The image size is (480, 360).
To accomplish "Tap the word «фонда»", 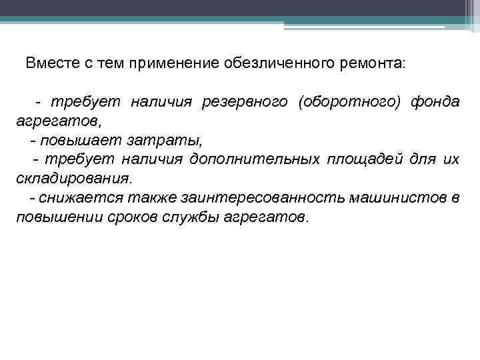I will [x=435, y=101].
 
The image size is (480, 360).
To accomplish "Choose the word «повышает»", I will [x=75, y=141].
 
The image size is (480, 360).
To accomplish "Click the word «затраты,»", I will [x=143, y=141].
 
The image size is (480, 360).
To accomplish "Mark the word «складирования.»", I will [x=74, y=179].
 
